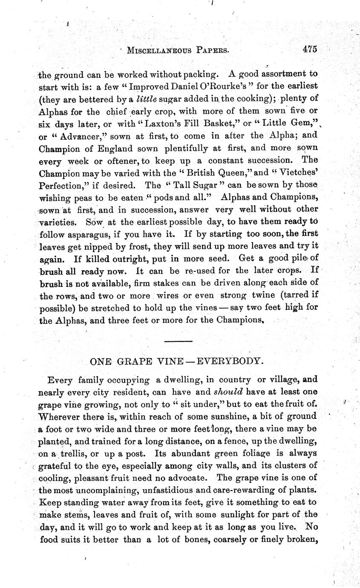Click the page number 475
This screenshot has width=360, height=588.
click(310, 49)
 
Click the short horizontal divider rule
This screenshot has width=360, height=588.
click(178, 341)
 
